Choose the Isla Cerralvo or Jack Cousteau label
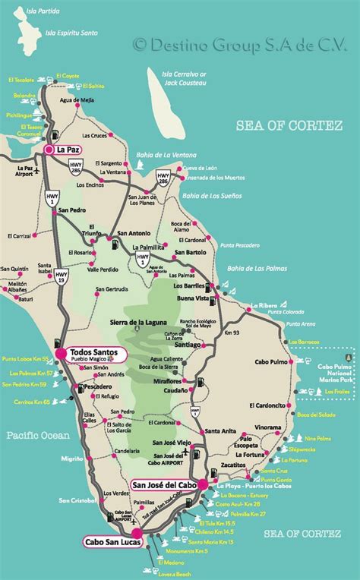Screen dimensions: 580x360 [181, 78]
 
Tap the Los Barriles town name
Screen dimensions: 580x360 [188, 286]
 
